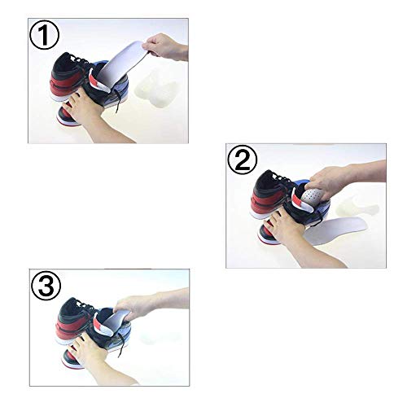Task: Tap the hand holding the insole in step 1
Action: pos(167,49)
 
